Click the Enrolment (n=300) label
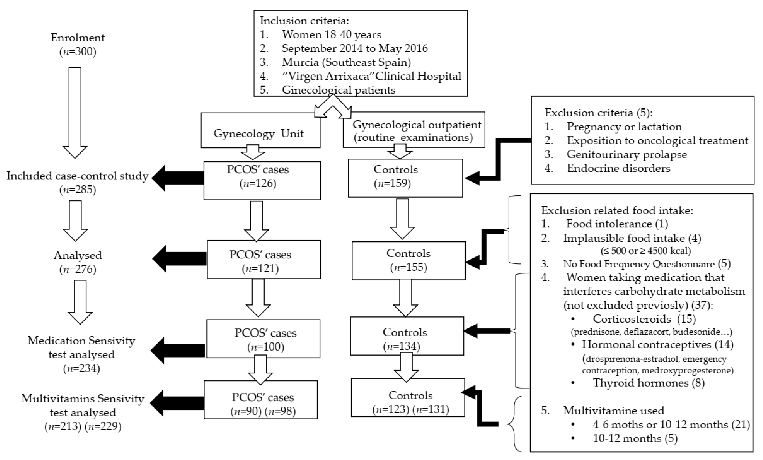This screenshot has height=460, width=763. click(x=78, y=44)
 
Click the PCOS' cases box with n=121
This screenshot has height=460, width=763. click(x=263, y=259)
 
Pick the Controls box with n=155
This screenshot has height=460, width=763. click(x=409, y=260)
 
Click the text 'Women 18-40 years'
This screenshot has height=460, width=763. click(x=331, y=34)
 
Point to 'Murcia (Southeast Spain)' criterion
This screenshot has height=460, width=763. click(x=346, y=62)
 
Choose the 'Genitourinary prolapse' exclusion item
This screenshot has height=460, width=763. click(x=627, y=154)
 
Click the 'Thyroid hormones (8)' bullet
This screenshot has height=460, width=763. click(x=648, y=383)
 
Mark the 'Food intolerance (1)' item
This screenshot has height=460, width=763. click(x=617, y=224)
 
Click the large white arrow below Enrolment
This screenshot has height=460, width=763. click(x=75, y=112)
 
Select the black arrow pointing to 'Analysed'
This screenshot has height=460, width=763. click(x=179, y=259)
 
